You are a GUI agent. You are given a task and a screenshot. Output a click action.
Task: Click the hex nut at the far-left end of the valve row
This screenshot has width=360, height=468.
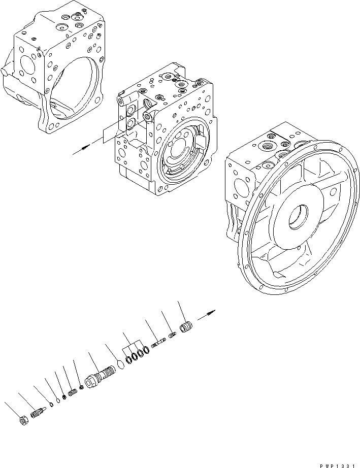pos(23,420)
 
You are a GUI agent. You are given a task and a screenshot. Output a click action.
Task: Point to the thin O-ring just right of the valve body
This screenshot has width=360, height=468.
pos(120,365)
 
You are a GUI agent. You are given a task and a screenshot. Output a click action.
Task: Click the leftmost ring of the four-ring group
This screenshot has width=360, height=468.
pos(128,359)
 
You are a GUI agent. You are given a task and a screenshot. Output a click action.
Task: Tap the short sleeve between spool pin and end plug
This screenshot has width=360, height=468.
pos(173,334)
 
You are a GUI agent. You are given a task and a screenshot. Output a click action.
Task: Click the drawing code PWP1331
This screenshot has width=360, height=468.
pos(338,463)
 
